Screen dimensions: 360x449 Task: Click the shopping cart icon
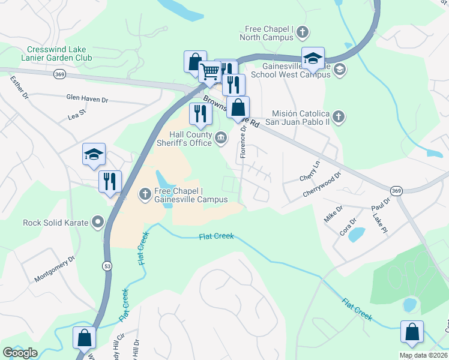(x=209, y=72)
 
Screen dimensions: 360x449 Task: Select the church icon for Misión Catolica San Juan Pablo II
(x=339, y=116)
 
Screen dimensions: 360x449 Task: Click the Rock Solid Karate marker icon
(x=97, y=223)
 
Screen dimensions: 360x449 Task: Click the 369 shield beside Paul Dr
(x=395, y=190)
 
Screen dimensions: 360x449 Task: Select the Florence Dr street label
(x=244, y=142)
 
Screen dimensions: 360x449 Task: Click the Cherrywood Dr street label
(x=322, y=185)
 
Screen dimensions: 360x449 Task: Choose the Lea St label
(x=78, y=112)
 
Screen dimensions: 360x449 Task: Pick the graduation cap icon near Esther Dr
(x=94, y=154)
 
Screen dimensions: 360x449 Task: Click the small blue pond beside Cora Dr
(x=356, y=234)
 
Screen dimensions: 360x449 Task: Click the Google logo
(x=20, y=353)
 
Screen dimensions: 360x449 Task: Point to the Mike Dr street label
(x=334, y=214)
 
